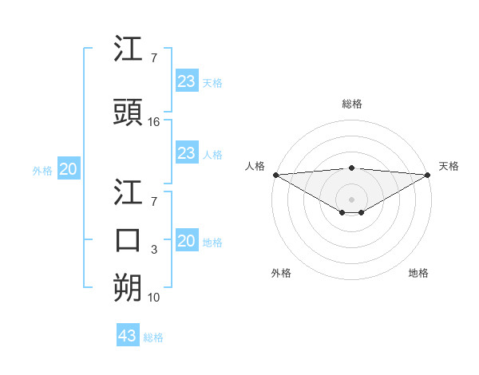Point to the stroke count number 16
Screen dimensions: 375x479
coord(154,122)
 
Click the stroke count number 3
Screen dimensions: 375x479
coord(154,250)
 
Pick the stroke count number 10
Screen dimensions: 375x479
coord(154,298)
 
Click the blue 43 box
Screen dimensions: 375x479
coord(128,336)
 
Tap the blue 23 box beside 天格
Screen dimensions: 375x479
coord(187,81)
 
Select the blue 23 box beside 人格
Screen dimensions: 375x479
coord(187,153)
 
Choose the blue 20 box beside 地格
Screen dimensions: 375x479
coord(187,241)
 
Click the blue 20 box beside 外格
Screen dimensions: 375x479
coord(69,169)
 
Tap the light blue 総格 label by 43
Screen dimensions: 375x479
coord(153,337)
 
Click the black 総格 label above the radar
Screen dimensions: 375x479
coord(352,104)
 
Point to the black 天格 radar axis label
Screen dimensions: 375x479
coord(449,166)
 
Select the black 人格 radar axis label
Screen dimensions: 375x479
coord(255,166)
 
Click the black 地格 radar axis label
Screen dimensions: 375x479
coord(418,273)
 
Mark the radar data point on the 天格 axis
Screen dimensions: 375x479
coord(428,174)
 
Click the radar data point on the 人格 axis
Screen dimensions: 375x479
coord(275,174)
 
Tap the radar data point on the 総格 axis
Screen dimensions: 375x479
coord(352,168)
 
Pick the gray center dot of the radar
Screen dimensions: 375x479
coord(352,198)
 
